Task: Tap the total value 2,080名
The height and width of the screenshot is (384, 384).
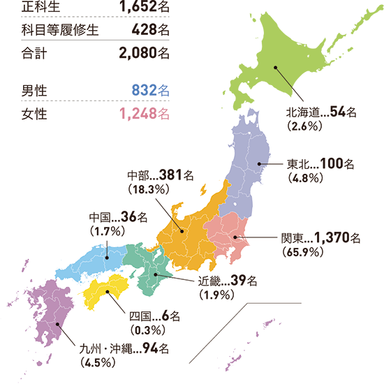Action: pyautogui.click(x=145, y=52)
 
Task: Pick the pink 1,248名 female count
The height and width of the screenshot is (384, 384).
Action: pyautogui.click(x=145, y=112)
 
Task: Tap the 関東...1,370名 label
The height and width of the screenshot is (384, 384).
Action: pyautogui.click(x=320, y=238)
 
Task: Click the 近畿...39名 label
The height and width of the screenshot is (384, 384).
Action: pyautogui.click(x=228, y=281)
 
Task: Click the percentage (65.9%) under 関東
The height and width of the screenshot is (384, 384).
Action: pyautogui.click(x=302, y=251)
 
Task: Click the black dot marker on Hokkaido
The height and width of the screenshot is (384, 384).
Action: pyautogui.click(x=276, y=68)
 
